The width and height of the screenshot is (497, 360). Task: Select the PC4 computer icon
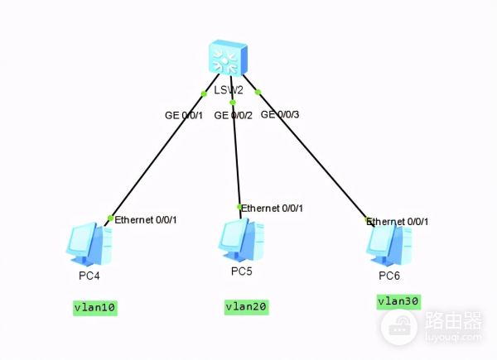[x=89, y=242]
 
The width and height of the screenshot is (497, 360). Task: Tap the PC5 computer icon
[x=241, y=239]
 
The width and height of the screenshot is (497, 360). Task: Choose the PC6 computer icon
[x=388, y=242]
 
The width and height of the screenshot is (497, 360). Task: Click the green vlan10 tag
[x=94, y=308]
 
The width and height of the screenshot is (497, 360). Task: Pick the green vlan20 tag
[x=246, y=307]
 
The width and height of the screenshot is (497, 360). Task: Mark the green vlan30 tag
[x=398, y=301]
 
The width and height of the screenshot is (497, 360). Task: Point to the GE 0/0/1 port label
[x=183, y=115]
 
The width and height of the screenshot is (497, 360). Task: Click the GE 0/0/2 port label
[x=233, y=115]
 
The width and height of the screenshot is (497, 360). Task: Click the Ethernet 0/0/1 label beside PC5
[x=273, y=208]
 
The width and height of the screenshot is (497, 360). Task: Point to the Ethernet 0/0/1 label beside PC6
[x=398, y=222]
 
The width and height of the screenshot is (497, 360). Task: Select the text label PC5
[x=242, y=271]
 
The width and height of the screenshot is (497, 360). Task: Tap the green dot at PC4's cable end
[x=109, y=218]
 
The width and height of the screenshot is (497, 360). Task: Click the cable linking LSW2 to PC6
[x=315, y=157]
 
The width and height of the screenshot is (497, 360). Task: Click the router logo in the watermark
[x=398, y=328]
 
